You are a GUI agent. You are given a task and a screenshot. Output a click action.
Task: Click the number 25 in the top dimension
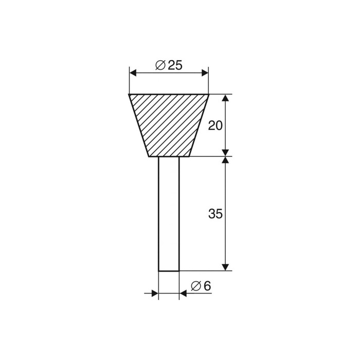175,65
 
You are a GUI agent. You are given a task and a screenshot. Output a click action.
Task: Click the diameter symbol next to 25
160,65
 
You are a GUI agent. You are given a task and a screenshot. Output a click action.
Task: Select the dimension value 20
215,125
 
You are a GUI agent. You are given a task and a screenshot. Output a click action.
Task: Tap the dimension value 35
215,214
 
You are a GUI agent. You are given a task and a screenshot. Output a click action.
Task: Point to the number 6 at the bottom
207,286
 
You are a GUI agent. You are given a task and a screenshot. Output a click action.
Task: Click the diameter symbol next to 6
196,286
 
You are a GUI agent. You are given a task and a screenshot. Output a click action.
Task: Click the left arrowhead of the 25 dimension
133,73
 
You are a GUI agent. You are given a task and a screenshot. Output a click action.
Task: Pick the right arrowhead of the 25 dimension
205,73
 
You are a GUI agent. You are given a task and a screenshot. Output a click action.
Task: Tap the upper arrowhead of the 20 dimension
226,98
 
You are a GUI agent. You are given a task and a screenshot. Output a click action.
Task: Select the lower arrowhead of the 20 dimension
226,153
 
